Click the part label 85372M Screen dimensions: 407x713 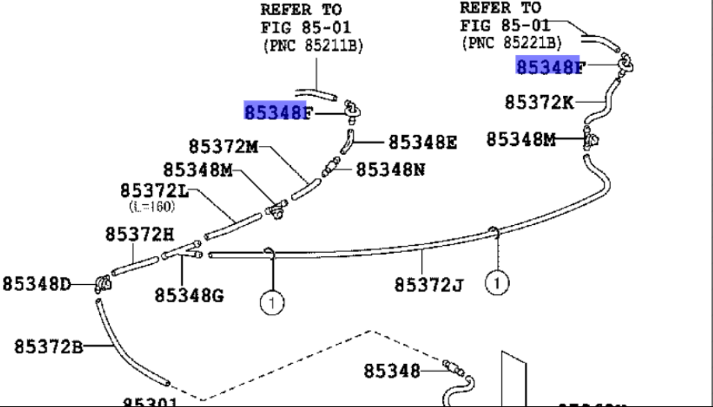pyautogui.click(x=223, y=147)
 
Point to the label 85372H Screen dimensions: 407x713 pyautogui.click(x=140, y=235)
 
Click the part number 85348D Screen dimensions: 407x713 pyautogui.click(x=37, y=283)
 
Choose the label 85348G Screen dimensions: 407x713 pyautogui.click(x=188, y=296)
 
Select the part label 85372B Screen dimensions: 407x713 pyautogui.click(x=48, y=345)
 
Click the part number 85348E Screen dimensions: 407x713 pyautogui.click(x=423, y=142)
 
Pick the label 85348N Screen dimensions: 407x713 pyautogui.click(x=391, y=169)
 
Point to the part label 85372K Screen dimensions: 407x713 pyautogui.click(x=539, y=102)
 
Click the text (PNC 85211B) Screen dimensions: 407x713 pyautogui.click(x=313, y=46)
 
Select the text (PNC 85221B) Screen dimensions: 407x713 pyautogui.click(x=511, y=42)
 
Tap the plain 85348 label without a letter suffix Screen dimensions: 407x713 pyautogui.click(x=392, y=371)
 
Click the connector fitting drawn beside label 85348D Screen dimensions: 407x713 pyautogui.click(x=101, y=283)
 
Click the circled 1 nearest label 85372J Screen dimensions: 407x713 pyautogui.click(x=498, y=282)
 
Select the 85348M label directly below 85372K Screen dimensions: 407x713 pyautogui.click(x=521, y=140)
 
